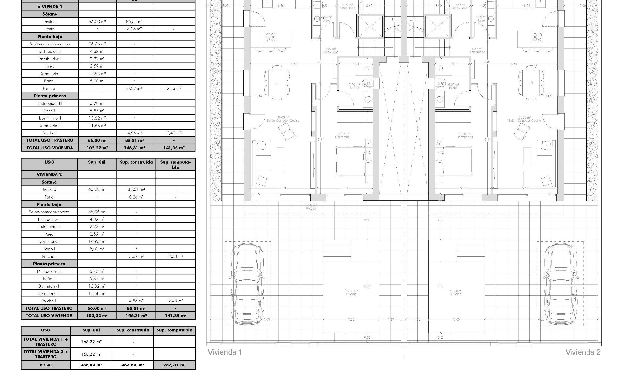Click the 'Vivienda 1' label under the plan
click(225, 352)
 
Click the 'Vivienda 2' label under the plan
click(583, 352)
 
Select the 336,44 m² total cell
click(91, 365)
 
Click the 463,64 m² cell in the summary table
click(133, 365)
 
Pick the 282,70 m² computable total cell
click(174, 365)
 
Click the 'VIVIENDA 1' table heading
click(50, 7)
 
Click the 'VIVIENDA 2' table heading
click(49, 174)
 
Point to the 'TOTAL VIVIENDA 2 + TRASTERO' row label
click(46, 354)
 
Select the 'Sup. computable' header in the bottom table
click(174, 330)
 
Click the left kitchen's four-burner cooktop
click(271, 37)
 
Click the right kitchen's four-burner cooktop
click(537, 37)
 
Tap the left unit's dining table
click(277, 83)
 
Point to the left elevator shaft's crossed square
click(370, 27)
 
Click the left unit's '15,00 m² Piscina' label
click(351, 292)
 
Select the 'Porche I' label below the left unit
click(312, 207)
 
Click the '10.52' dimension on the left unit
click(258, 96)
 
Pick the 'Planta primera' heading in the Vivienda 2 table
click(49, 264)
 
